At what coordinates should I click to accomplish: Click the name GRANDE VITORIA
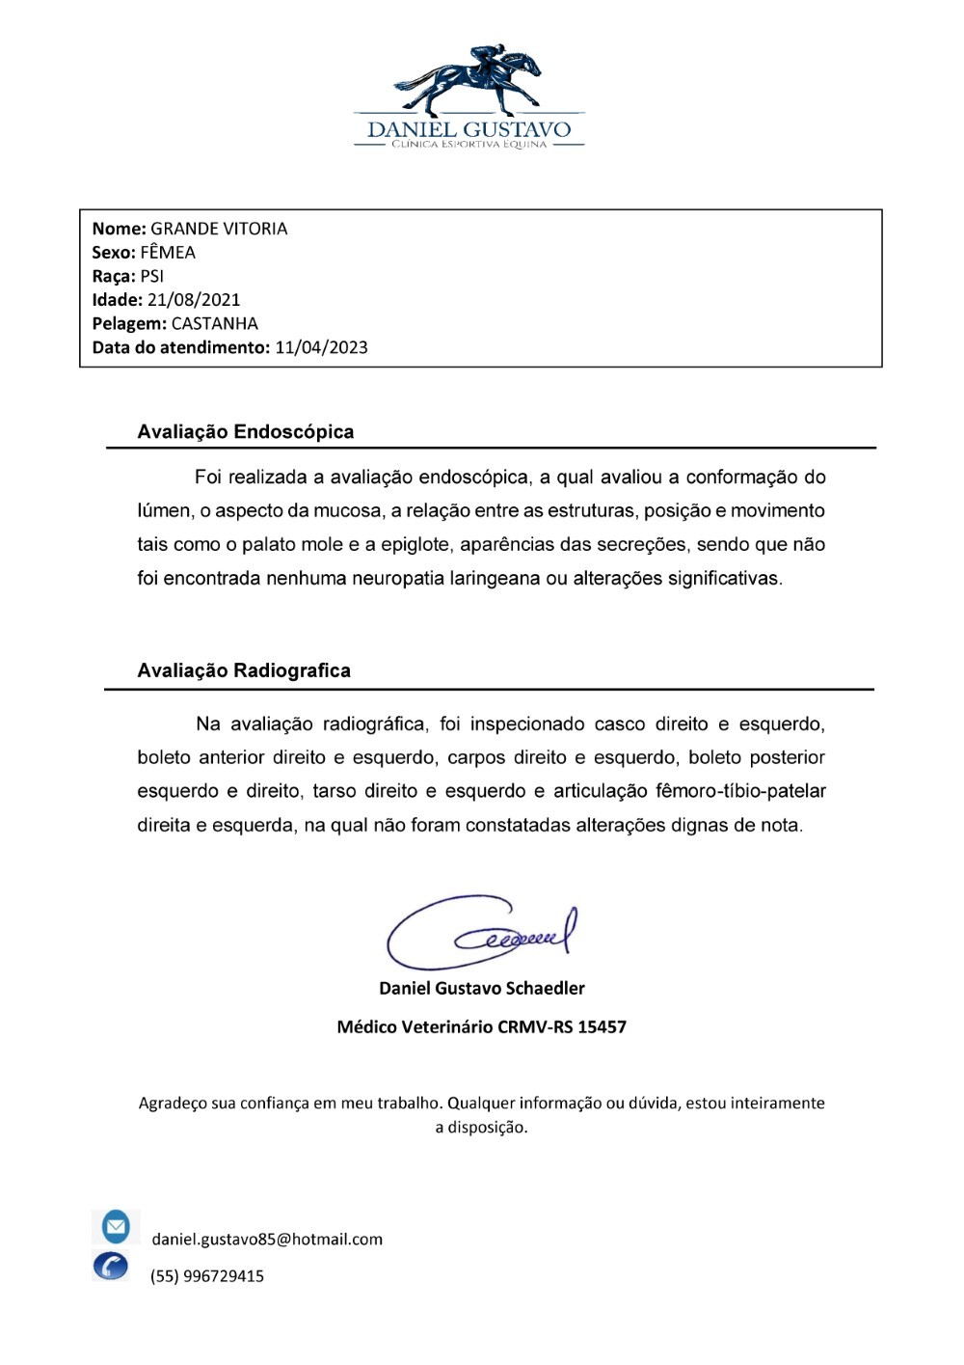219,229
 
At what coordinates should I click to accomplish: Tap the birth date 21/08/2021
194,300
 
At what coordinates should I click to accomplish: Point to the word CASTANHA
214,324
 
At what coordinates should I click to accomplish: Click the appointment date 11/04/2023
321,347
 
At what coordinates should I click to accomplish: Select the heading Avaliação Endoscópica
246,432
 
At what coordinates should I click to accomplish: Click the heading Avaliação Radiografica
244,670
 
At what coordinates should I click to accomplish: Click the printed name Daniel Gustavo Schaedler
482,988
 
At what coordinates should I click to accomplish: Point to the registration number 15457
602,1026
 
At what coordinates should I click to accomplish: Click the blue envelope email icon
116,1227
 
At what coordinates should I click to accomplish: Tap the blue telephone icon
111,1266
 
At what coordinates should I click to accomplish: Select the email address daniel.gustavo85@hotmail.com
267,1240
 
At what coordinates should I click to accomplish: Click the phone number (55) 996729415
206,1276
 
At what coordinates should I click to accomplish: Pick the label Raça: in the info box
114,277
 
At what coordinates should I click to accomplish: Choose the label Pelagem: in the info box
129,324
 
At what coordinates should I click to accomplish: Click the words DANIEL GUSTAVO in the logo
469,130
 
